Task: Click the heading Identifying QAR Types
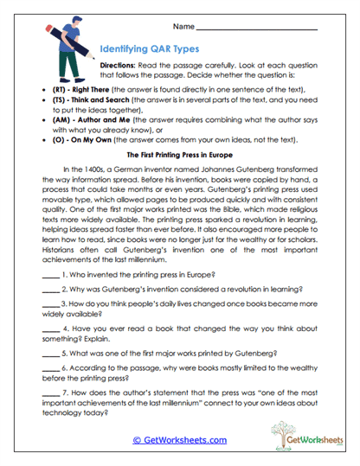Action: pos(149,49)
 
